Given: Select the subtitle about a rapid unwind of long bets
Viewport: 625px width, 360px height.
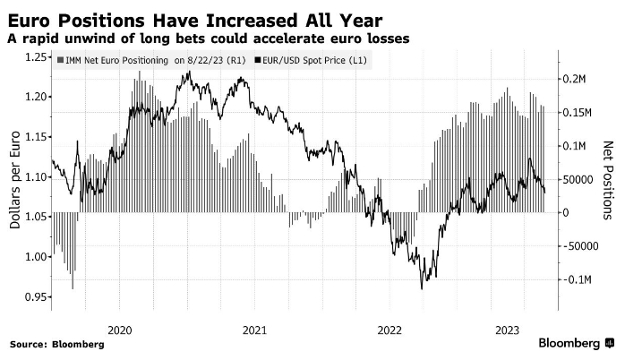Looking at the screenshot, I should (207, 39).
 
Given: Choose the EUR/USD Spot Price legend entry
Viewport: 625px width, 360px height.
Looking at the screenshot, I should (313, 60).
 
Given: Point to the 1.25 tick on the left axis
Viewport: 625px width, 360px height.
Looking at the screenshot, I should (35, 56).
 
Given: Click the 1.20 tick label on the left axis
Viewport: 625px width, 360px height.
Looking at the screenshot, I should (35, 97).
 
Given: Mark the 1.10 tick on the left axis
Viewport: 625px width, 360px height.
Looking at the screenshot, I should (35, 177).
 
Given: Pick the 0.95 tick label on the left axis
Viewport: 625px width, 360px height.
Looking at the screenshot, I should (35, 297).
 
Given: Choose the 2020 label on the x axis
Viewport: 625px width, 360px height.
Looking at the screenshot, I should (119, 330).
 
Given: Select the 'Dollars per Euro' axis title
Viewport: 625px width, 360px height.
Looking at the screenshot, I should (15, 177).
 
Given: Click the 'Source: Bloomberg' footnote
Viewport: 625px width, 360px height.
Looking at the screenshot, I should (56, 345).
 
